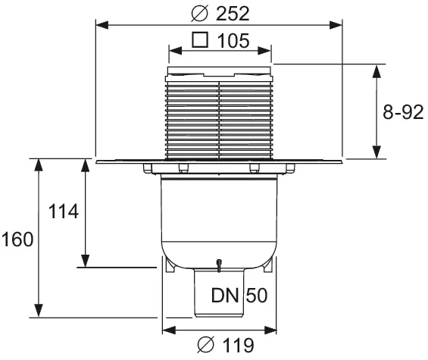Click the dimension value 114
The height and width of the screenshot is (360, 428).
[63, 212]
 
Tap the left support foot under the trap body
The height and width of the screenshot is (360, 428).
[168, 266]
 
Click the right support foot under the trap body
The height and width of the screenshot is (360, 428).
[267, 266]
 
